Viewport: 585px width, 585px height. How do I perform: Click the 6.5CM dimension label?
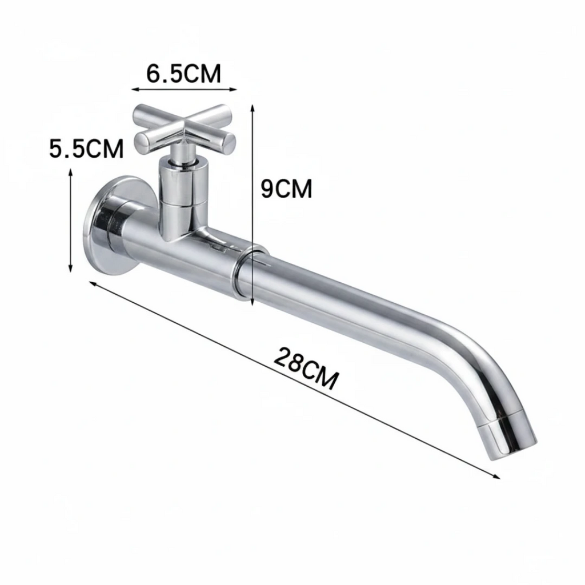[x=183, y=73]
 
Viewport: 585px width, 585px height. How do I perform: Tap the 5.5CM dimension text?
[x=86, y=149]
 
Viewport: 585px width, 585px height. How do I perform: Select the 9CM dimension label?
[x=286, y=189]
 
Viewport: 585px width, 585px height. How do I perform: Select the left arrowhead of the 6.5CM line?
[x=135, y=89]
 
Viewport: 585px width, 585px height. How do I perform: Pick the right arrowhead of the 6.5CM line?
[x=234, y=89]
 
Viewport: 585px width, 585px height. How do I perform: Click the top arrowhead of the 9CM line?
[x=253, y=108]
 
